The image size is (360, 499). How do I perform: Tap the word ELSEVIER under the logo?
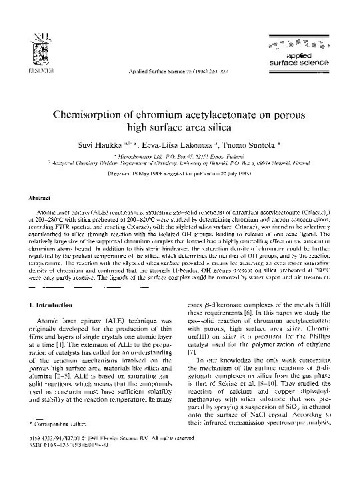click(x=32, y=69)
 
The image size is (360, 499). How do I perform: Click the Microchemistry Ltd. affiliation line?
click(x=179, y=155)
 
